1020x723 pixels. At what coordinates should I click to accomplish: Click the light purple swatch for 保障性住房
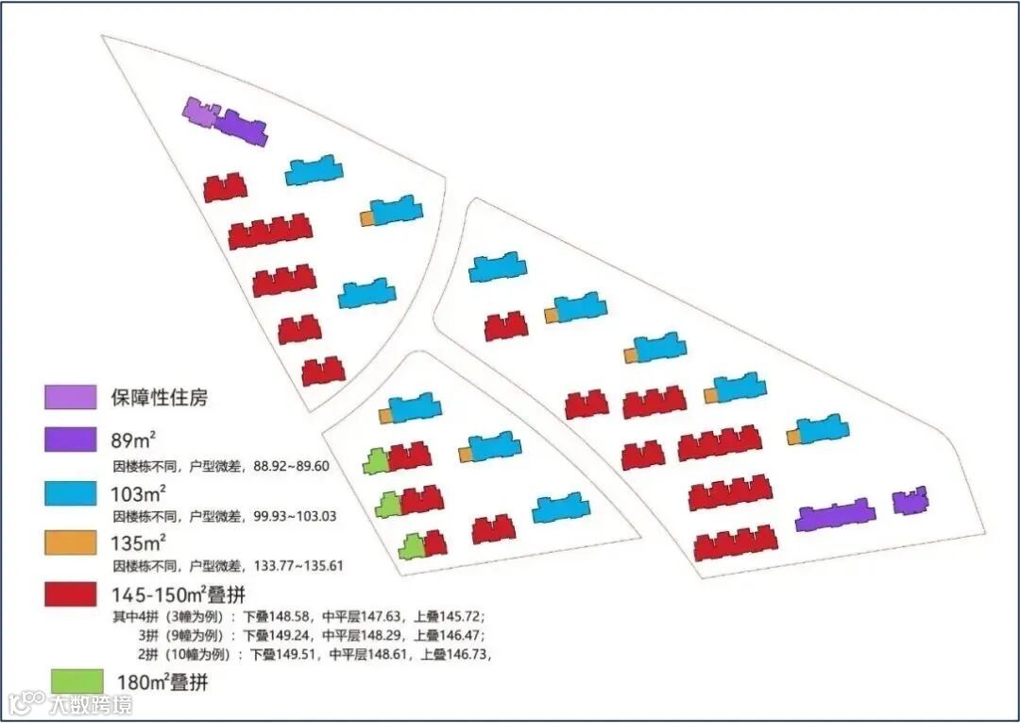[71, 397]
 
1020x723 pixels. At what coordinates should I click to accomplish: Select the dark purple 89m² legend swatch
[71, 440]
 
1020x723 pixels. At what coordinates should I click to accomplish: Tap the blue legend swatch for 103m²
[71, 492]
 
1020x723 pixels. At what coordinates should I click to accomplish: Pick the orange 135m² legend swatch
[71, 542]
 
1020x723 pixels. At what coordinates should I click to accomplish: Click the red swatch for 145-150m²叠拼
[71, 594]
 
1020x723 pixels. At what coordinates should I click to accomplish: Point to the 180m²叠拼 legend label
[162, 681]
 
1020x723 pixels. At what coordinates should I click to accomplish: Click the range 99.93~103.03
[293, 517]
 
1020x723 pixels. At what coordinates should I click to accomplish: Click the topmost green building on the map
[377, 461]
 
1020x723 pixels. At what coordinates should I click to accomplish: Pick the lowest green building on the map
[411, 546]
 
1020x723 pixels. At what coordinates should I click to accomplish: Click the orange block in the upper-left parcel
[367, 218]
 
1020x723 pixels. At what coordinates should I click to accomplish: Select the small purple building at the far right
[909, 501]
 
